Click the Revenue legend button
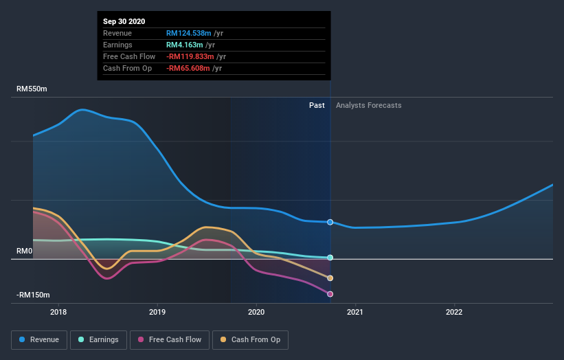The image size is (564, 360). pos(39,339)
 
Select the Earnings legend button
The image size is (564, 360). pos(98,339)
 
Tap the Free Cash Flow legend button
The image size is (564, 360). pos(170,339)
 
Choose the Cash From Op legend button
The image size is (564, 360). pos(251,339)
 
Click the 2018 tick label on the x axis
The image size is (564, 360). pos(59,311)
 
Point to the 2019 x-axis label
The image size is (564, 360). pos(158,311)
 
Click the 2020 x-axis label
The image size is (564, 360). pos(257,311)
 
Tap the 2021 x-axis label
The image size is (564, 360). pos(356,311)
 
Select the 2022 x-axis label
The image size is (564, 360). pos(454,311)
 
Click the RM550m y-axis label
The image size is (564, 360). pos(32,89)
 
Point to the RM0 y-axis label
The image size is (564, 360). pos(25,251)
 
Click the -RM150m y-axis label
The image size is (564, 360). pos(33,295)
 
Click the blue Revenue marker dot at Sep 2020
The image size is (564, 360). pos(330,222)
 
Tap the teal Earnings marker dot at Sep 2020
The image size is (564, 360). pos(330,258)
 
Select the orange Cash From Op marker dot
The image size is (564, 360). pos(330,278)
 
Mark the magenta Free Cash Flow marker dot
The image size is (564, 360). pos(330,294)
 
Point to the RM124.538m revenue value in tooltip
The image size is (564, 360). pos(188,33)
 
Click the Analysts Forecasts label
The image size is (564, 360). pos(368,105)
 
